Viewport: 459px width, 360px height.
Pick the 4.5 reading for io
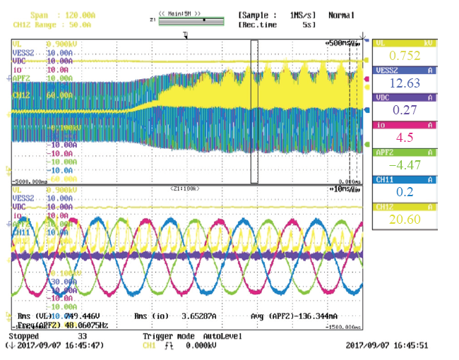(405, 138)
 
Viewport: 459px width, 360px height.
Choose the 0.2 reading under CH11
(405, 192)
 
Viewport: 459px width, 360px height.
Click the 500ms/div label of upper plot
(342, 43)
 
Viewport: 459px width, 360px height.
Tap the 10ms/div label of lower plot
(345, 191)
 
